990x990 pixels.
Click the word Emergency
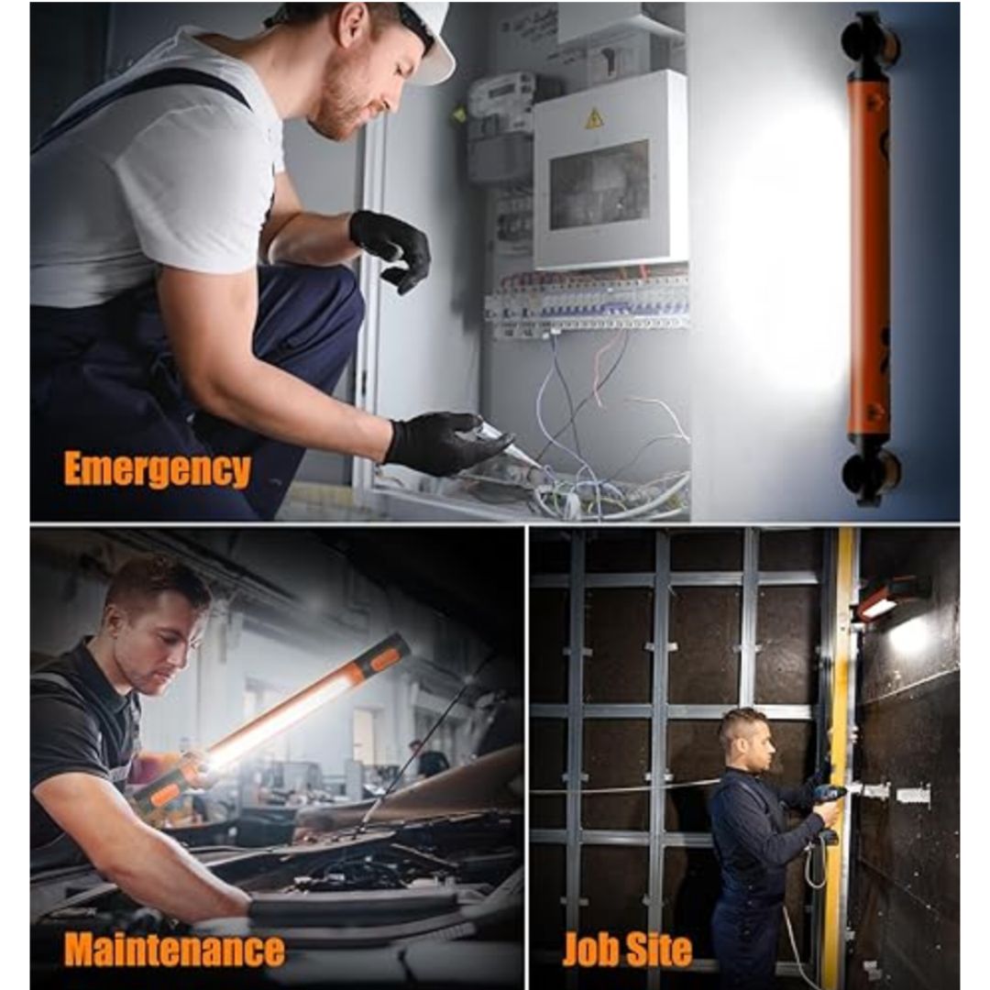tap(158, 468)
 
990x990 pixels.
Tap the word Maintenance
tap(174, 949)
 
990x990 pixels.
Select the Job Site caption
tap(627, 949)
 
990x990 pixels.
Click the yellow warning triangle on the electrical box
tap(593, 118)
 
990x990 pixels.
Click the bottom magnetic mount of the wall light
tap(871, 474)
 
